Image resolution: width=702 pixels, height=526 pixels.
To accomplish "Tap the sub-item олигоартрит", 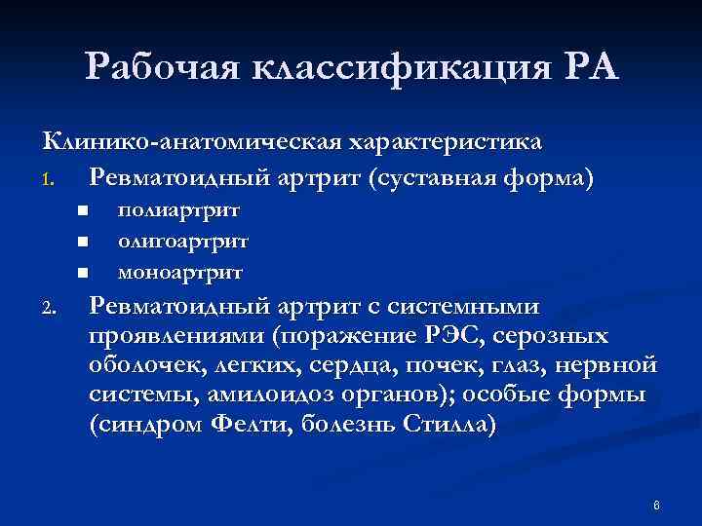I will (182, 240).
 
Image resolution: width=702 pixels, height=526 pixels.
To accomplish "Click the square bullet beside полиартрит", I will (85, 210).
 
